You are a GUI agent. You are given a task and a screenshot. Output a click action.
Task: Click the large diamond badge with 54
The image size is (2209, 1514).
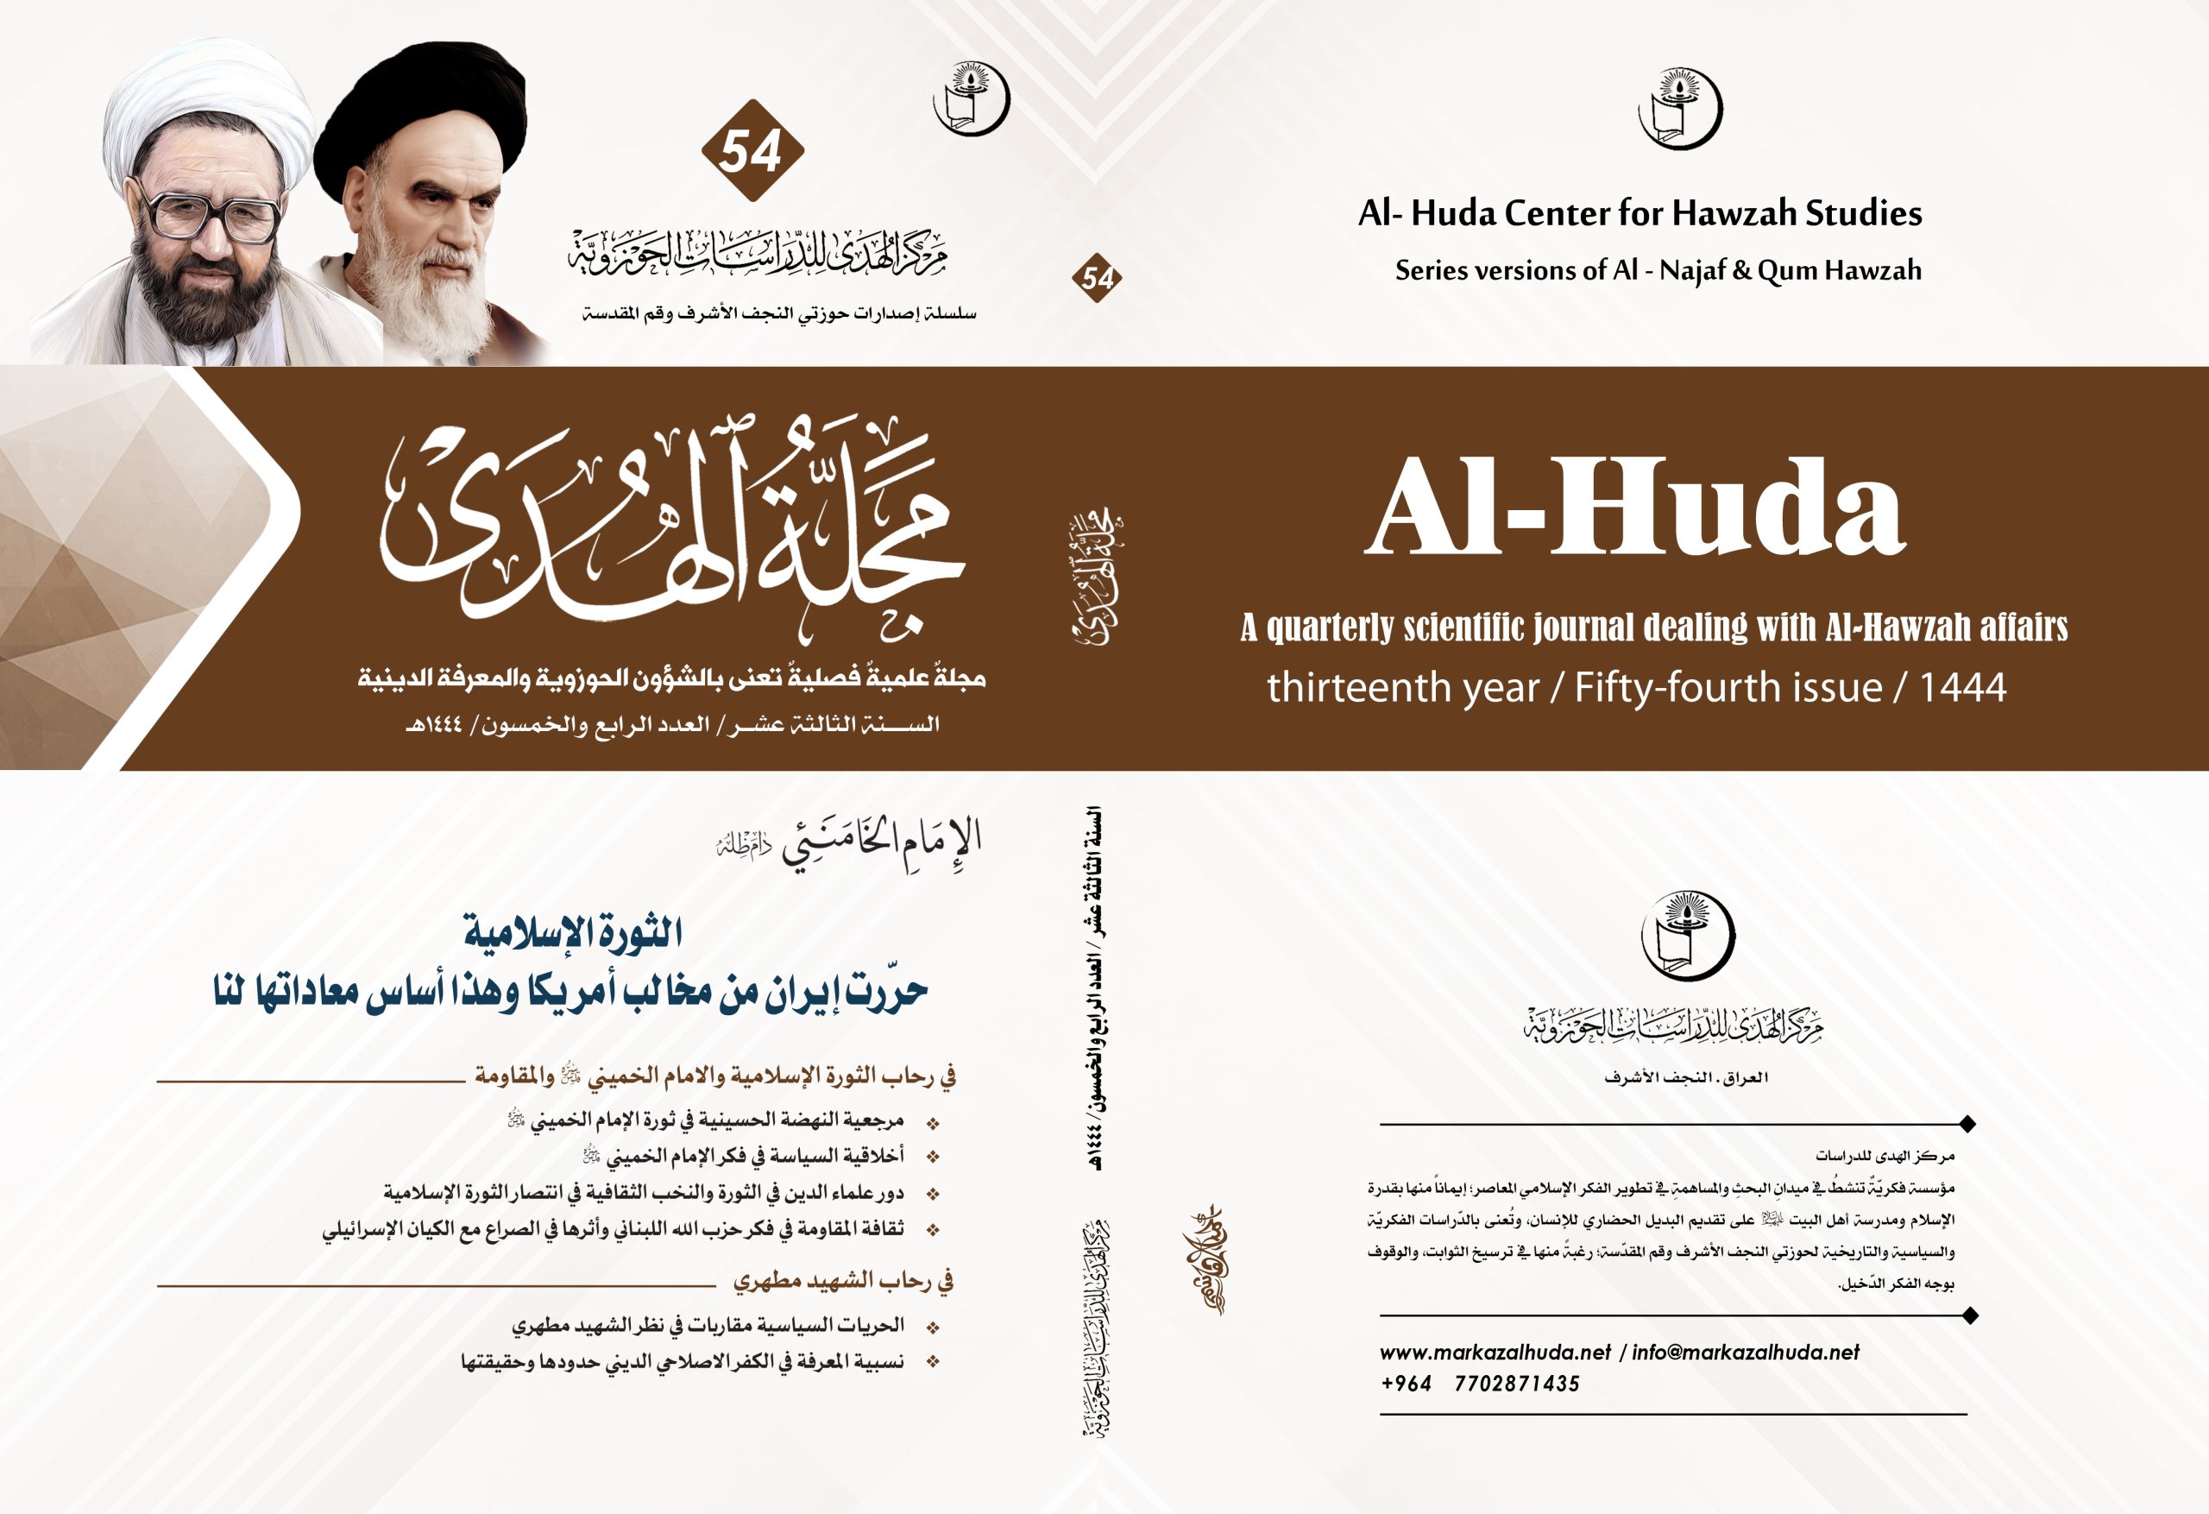click(x=752, y=150)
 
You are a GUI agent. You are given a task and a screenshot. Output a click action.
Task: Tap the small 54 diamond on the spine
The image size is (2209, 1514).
click(x=1097, y=278)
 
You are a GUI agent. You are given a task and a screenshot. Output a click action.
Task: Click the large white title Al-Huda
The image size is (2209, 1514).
click(x=1635, y=507)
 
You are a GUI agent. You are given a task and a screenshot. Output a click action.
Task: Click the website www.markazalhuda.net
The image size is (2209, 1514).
click(x=1495, y=1353)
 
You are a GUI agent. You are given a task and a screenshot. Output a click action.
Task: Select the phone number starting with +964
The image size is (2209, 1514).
click(x=1480, y=1384)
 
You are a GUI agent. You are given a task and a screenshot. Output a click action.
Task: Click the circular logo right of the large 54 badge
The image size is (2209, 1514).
click(x=971, y=98)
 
